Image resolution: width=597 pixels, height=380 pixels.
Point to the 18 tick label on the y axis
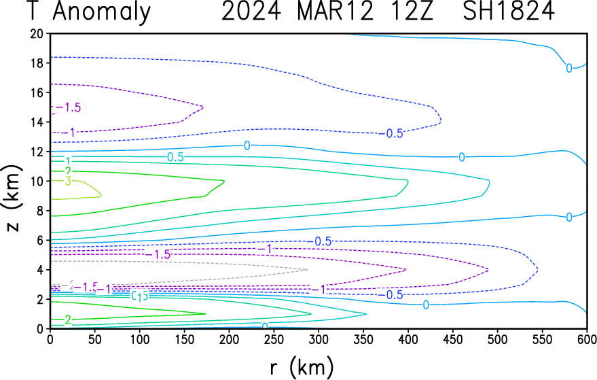[x=37, y=63]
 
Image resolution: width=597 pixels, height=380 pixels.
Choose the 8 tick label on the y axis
[x=41, y=211]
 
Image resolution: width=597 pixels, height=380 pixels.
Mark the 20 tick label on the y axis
[x=37, y=34]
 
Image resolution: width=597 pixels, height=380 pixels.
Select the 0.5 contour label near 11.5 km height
[x=175, y=157]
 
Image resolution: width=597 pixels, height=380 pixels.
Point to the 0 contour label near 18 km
[x=569, y=68]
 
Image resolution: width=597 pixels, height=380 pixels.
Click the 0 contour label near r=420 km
[x=425, y=305]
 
